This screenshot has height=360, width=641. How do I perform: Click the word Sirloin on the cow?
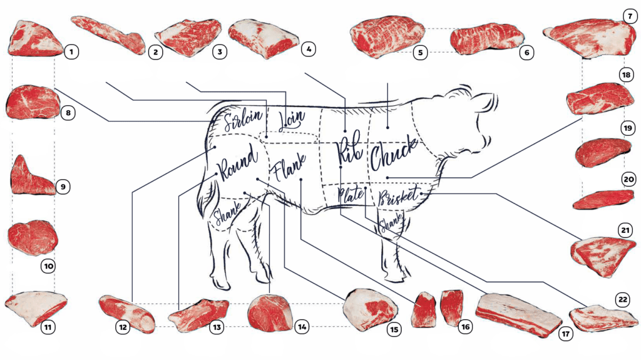click(243, 119)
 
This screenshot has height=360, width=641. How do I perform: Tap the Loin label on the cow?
click(292, 120)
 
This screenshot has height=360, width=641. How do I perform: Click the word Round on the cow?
click(238, 163)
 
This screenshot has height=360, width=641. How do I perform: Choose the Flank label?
click(289, 167)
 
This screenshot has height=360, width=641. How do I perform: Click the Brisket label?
click(399, 196)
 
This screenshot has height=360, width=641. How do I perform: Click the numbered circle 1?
click(71, 52)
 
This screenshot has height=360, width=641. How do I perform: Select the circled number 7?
click(630, 16)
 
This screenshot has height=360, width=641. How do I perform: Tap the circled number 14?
click(302, 327)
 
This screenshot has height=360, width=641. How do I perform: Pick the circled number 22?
click(623, 299)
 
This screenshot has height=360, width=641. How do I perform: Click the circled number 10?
click(49, 266)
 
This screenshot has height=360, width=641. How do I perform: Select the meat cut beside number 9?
click(31, 177)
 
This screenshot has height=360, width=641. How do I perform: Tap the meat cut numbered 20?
click(603, 199)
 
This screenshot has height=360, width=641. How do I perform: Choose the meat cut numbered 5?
click(387, 37)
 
